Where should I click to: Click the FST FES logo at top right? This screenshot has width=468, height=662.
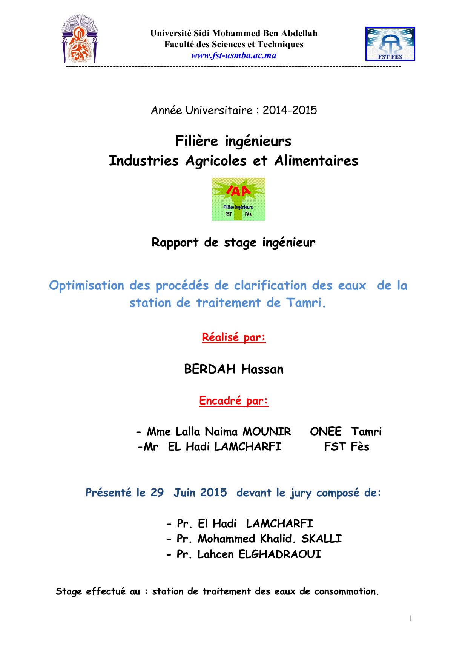[x=390, y=44]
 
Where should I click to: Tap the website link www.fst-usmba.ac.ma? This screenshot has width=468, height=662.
[x=234, y=56]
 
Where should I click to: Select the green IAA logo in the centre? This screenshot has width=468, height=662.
[x=238, y=199]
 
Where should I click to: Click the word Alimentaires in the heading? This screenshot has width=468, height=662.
[x=316, y=161]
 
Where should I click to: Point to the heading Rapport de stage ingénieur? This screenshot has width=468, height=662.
[x=233, y=242]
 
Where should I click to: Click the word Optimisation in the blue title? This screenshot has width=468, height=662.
[x=87, y=285]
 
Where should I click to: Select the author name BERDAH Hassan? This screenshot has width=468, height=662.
[x=234, y=369]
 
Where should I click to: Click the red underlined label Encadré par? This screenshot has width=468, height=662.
[x=234, y=400]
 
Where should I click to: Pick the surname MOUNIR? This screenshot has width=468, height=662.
[x=267, y=431]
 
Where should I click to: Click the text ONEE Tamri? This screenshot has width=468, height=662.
[x=346, y=431]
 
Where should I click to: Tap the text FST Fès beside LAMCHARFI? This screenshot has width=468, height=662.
[x=347, y=447]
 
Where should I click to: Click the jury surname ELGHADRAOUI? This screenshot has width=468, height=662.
[x=280, y=554]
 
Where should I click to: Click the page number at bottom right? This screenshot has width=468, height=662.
[x=411, y=618]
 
